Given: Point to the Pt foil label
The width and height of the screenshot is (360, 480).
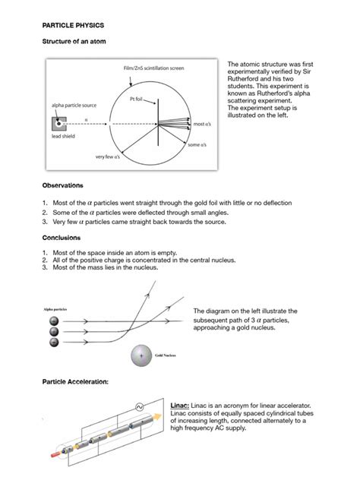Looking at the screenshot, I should point(137,99).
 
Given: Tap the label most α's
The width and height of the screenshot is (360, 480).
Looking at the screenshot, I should point(202,124).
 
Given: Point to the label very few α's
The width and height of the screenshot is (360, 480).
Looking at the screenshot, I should point(109,157).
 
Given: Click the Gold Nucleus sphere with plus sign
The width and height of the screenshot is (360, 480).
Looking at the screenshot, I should point(141,355).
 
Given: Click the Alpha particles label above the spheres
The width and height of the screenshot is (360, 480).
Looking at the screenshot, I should point(57,309).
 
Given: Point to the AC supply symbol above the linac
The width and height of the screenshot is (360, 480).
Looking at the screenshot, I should point(139,407).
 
